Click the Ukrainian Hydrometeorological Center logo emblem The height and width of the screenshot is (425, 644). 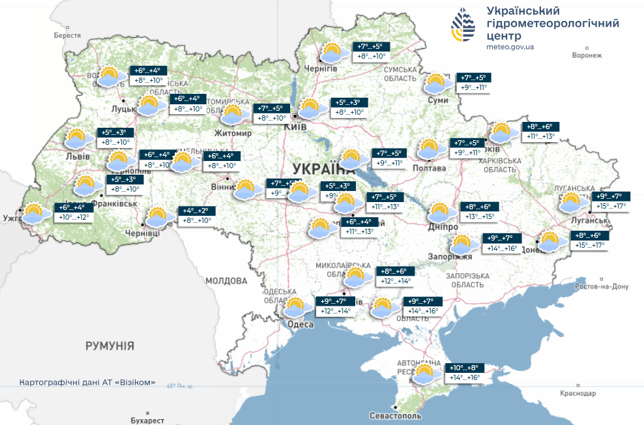(463, 25)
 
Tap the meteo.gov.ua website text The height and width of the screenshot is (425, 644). (510, 47)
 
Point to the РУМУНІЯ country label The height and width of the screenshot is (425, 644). (110, 345)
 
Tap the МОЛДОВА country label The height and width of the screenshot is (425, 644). (226, 281)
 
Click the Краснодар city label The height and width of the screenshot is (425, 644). (577, 394)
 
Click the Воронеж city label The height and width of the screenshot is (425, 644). (587, 55)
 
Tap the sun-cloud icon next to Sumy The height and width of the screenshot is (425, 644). (436, 83)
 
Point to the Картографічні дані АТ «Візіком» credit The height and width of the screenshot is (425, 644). (87, 382)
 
